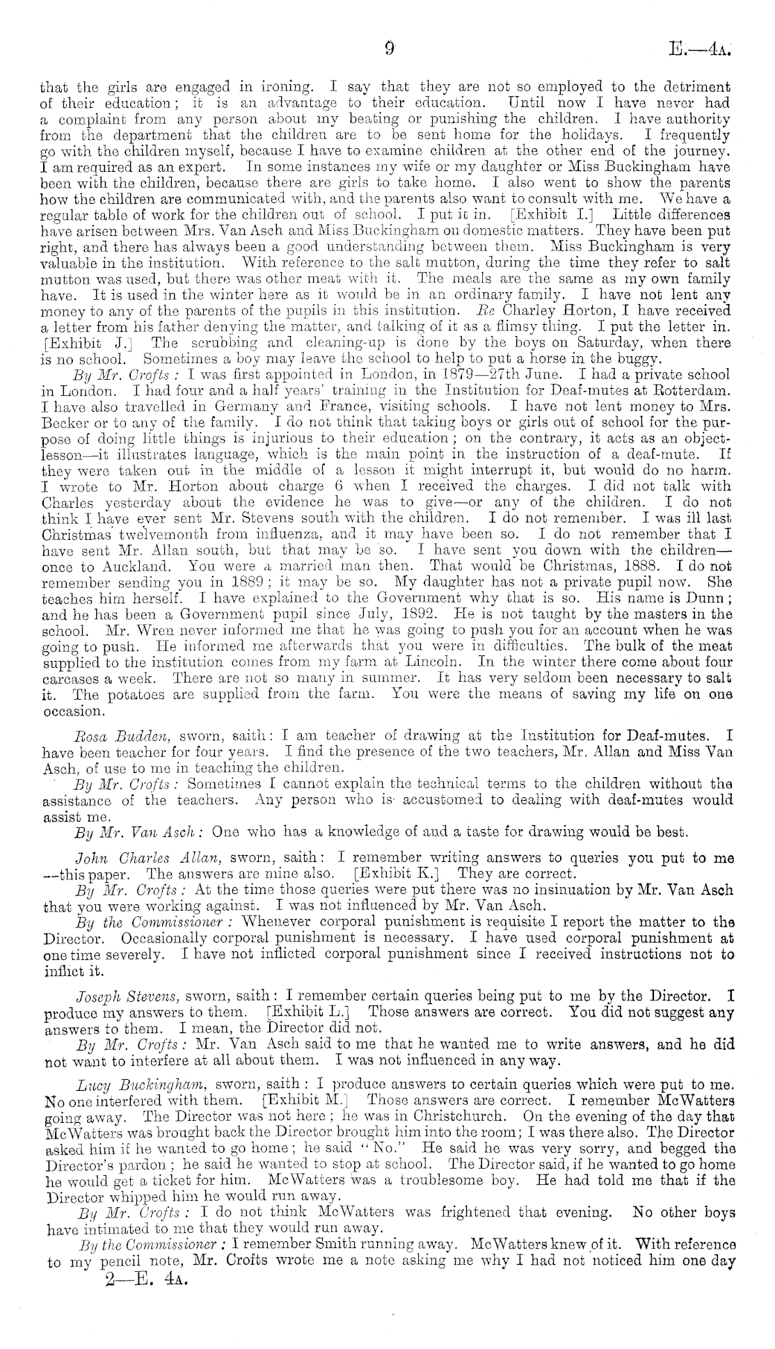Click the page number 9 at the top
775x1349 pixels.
tap(389, 49)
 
